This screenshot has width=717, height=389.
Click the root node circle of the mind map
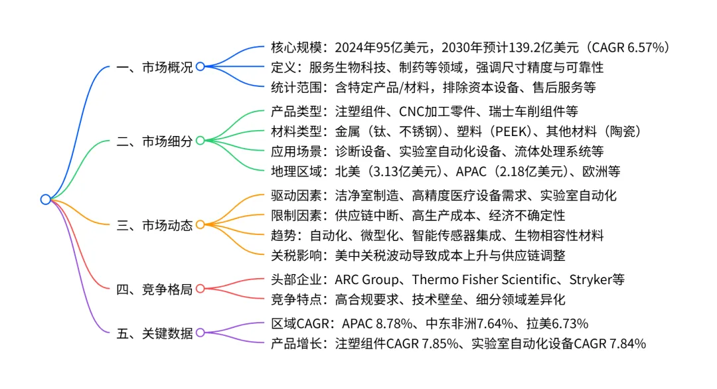[45, 199]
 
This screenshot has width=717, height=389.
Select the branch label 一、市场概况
[154, 67]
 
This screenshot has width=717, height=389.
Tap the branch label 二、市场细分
[154, 141]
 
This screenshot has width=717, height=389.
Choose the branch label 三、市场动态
[154, 225]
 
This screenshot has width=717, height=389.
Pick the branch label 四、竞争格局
[154, 289]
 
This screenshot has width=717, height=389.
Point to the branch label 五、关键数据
[154, 333]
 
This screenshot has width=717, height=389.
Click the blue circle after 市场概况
[200, 66]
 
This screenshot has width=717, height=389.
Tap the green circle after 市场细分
[200, 141]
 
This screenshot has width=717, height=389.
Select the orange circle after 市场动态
[200, 225]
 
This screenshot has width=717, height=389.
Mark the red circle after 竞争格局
[200, 289]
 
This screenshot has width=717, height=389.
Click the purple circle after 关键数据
[200, 333]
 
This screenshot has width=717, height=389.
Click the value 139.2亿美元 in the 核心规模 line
[542, 47]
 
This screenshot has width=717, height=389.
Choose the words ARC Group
[365, 279]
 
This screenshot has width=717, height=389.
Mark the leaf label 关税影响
[295, 254]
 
